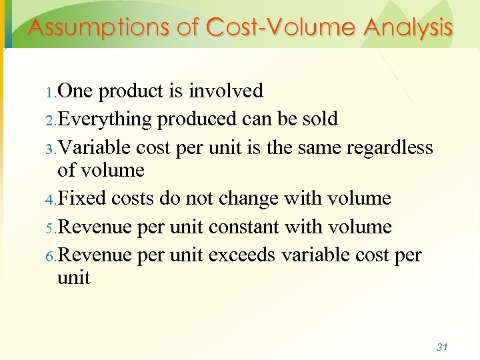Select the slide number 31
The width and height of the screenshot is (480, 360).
tap(441, 347)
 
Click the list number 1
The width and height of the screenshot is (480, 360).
tap(51, 91)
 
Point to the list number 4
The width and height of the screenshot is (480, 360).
tap(51, 199)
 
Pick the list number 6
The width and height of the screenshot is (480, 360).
tap(51, 257)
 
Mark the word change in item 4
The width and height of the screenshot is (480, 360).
tap(247, 199)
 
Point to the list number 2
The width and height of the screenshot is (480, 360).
tap(51, 120)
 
